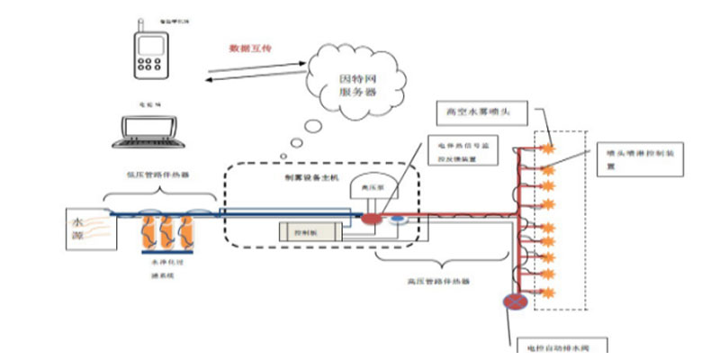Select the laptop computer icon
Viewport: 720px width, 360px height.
coord(150,131)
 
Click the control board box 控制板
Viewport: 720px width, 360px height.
coord(310,232)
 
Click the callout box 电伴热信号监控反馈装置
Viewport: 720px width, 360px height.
coord(464,150)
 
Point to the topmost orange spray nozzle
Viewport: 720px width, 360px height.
coord(545,143)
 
